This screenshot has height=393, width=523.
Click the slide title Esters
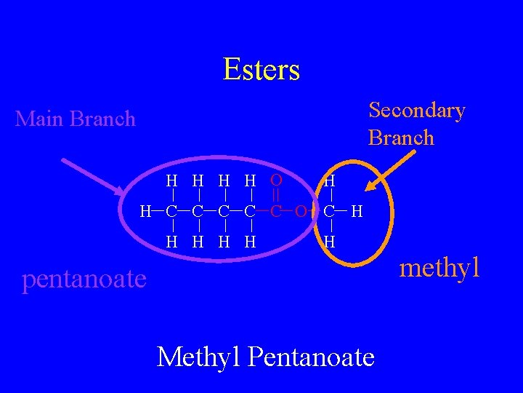(261, 70)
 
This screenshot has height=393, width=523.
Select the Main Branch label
(76, 119)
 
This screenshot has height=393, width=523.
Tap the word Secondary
(416, 111)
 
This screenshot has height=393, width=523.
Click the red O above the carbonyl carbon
(276, 180)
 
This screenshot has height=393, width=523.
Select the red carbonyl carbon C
(276, 212)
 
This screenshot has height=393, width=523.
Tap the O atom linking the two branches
(300, 212)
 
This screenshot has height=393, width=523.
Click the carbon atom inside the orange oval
(330, 212)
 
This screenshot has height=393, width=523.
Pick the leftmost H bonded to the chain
(146, 212)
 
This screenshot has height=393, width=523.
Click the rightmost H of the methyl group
(357, 212)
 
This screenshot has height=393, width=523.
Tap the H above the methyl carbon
(330, 180)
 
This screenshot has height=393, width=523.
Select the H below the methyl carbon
(330, 241)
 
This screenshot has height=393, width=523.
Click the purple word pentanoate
(84, 278)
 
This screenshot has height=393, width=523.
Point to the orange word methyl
(440, 267)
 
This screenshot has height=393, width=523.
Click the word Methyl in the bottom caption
(198, 357)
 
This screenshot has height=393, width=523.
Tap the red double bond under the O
(276, 195)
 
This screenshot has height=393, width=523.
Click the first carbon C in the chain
(171, 212)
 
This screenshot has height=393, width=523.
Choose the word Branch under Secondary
(401, 138)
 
